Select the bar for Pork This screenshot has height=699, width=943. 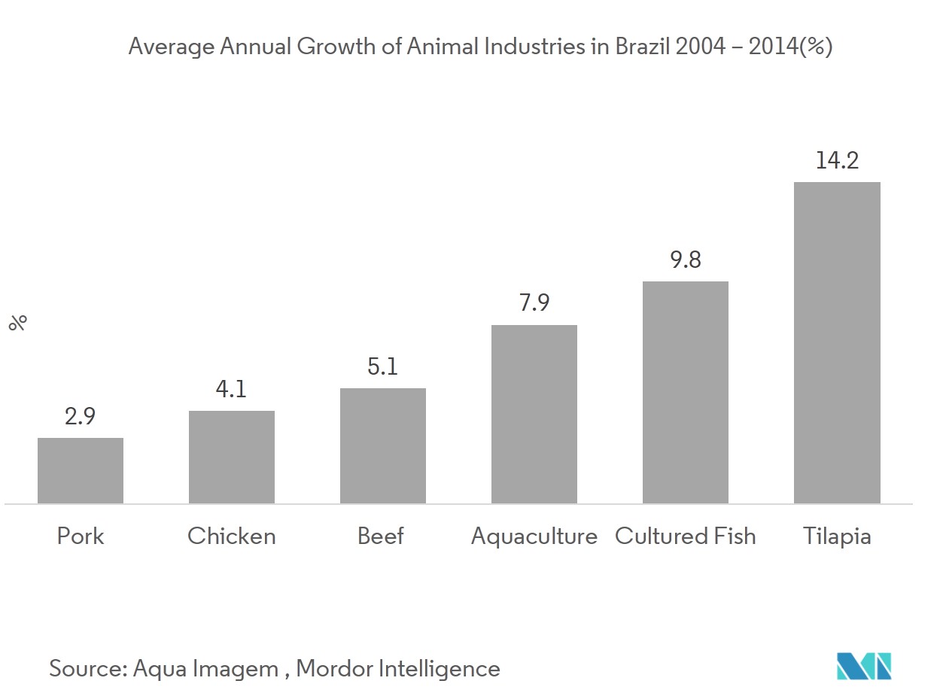click(81, 470)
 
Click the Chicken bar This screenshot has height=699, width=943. click(232, 457)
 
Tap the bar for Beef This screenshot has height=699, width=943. click(383, 445)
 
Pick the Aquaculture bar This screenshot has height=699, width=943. click(534, 414)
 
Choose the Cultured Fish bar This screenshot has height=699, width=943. click(686, 392)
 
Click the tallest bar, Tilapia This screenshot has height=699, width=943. click(837, 342)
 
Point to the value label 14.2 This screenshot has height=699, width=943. click(837, 160)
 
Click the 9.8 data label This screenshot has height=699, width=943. click(686, 260)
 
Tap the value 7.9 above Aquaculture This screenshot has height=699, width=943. click(534, 303)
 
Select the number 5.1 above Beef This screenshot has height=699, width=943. click(383, 366)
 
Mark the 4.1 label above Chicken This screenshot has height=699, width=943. click(232, 389)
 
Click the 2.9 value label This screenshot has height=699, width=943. click(81, 416)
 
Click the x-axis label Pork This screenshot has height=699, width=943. click(81, 536)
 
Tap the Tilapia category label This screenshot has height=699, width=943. click(837, 536)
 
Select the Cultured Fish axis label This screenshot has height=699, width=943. click(686, 536)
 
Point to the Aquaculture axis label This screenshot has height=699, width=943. click(534, 536)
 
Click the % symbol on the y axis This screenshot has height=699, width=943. click(18, 323)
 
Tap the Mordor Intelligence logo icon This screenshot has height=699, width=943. click(864, 667)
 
